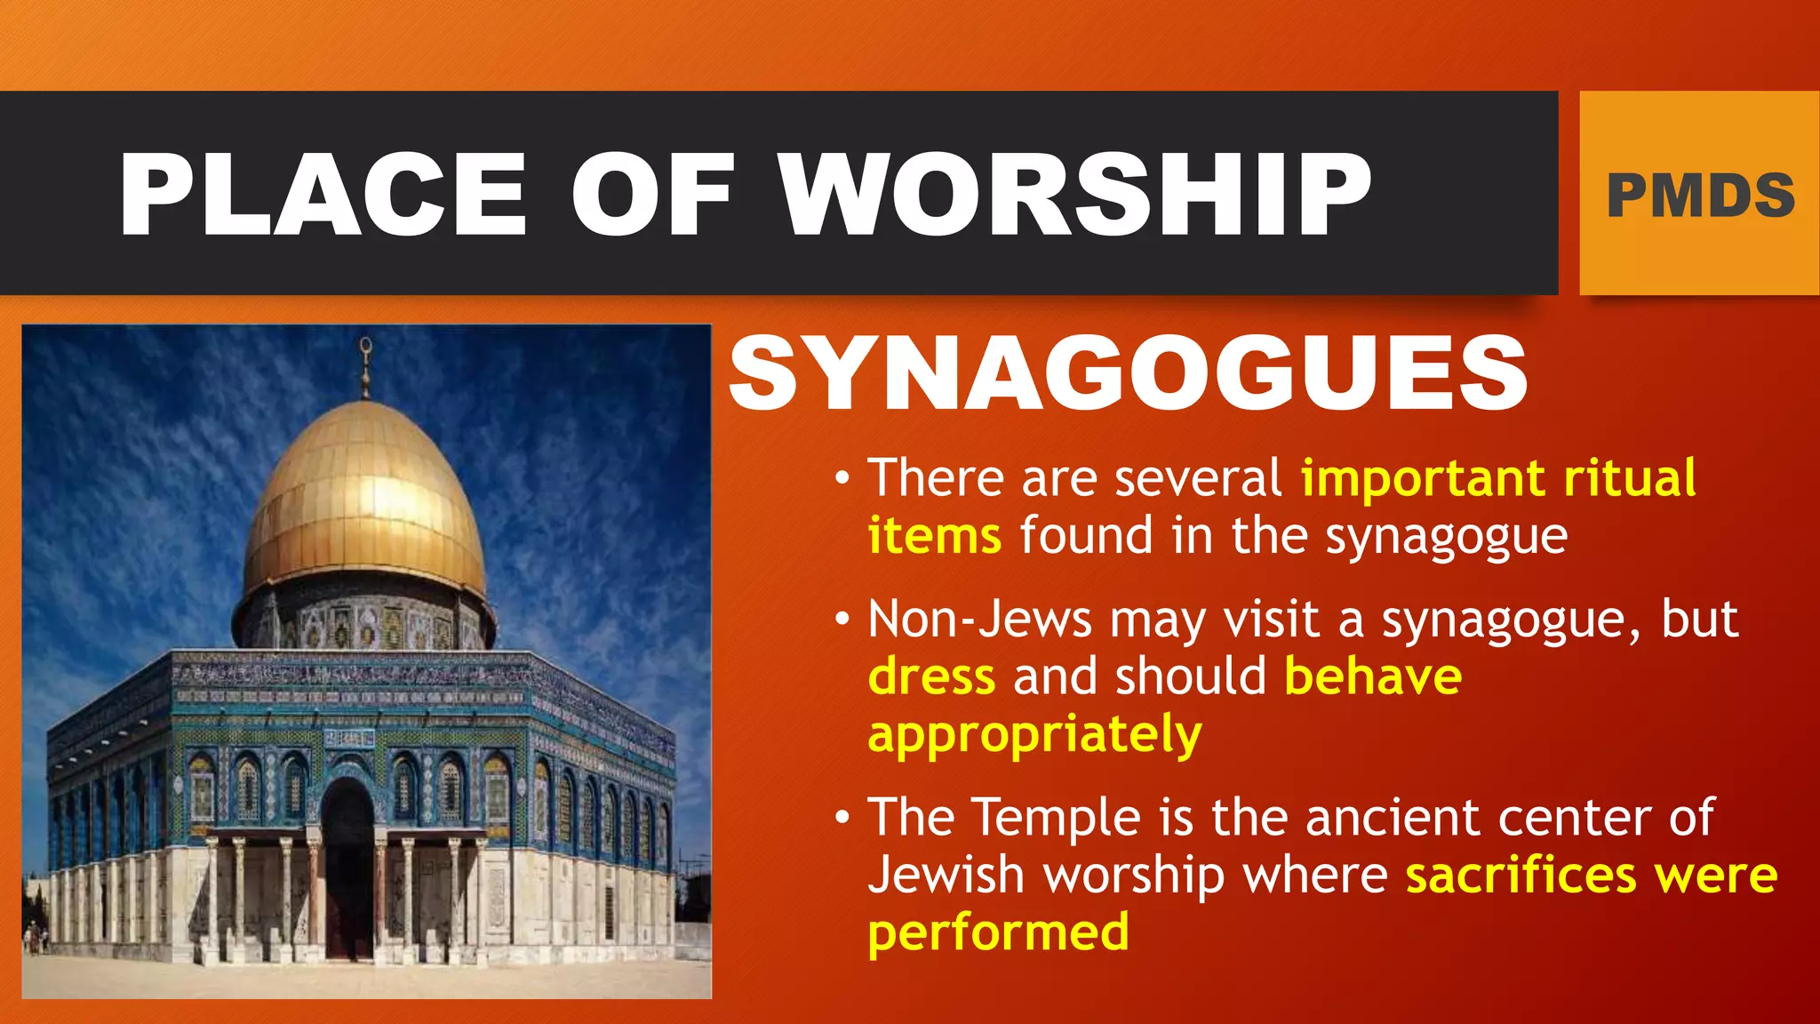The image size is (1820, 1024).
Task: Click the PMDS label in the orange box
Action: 1701,196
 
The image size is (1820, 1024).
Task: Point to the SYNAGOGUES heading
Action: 1129,373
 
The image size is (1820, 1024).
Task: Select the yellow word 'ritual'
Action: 1630,478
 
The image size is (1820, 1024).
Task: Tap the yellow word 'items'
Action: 935,536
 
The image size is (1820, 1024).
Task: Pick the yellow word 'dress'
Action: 931,676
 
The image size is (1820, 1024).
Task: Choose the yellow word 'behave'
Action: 1373,676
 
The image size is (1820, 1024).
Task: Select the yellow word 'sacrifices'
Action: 1521,875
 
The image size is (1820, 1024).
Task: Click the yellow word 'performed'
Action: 998,932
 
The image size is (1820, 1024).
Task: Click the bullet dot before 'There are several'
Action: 842,479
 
